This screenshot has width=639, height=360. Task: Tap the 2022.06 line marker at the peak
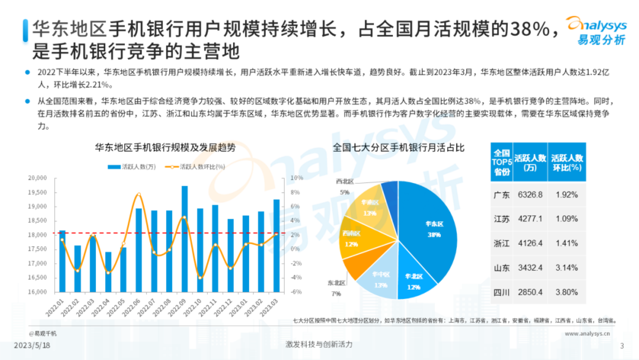click(x=139, y=194)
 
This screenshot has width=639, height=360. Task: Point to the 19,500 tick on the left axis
click(x=37, y=192)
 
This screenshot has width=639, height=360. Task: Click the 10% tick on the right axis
click(x=297, y=178)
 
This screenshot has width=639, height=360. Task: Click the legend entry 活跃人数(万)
click(x=132, y=167)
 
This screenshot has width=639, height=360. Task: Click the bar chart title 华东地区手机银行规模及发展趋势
click(x=165, y=148)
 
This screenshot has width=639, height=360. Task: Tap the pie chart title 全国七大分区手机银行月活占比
click(x=398, y=148)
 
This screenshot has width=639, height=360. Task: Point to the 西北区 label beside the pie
click(x=345, y=182)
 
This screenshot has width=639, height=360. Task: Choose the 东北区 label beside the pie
click(x=336, y=283)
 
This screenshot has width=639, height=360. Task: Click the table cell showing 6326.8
click(x=530, y=195)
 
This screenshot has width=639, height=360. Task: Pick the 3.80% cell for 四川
click(x=567, y=292)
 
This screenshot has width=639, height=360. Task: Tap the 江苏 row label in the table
click(x=501, y=219)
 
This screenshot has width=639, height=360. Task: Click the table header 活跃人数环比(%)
click(x=567, y=163)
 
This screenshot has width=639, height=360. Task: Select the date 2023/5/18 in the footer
click(x=32, y=345)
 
